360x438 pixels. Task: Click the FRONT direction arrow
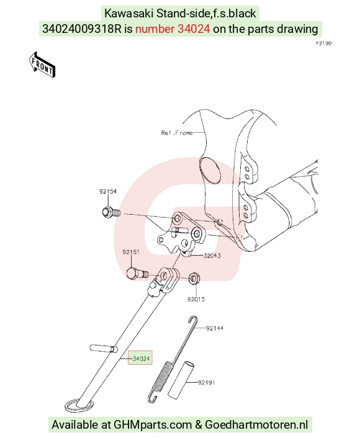42,65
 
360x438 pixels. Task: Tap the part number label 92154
108,191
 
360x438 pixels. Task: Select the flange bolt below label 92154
111,213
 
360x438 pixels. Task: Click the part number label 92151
131,252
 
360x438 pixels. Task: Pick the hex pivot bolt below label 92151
137,274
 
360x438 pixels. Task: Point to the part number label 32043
212,256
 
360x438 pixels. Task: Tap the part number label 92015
196,299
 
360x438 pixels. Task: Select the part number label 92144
215,328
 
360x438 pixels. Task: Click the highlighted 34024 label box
140,358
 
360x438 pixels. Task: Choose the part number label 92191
207,382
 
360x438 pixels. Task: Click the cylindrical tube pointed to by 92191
181,379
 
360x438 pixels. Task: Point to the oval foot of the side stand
79,406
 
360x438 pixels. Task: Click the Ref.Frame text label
177,133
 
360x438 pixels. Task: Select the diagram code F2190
323,43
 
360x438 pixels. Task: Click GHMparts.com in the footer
153,424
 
